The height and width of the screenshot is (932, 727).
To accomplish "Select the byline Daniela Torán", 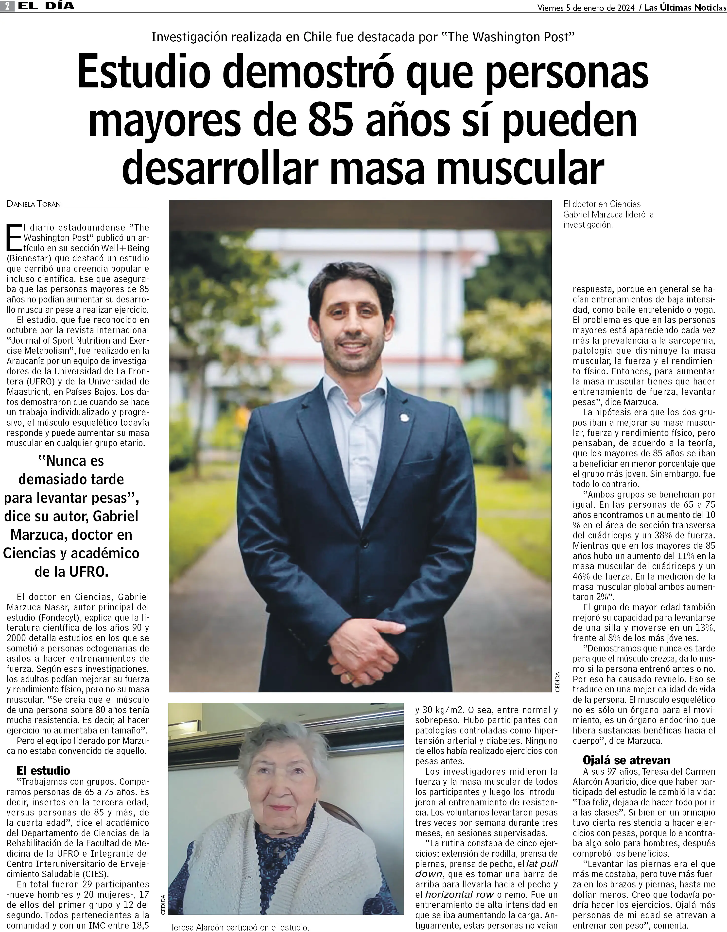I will pyautogui.click(x=34, y=204).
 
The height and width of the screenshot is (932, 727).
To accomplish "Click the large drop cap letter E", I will pyautogui.click(x=14, y=237).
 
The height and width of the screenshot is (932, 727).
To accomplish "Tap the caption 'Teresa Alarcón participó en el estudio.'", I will pyautogui.click(x=239, y=927).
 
